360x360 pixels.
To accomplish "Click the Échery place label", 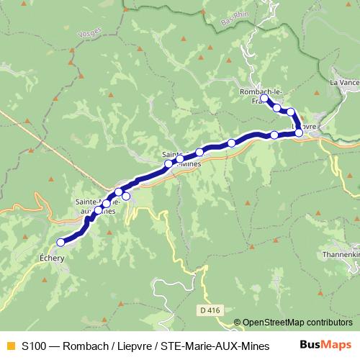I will click(52, 257).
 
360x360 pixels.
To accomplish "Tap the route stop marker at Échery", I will click(60, 243).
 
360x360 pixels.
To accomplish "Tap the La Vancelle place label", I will click(345, 83).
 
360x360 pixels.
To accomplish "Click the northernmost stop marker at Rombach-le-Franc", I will click(264, 98).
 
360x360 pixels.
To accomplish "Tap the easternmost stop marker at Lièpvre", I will click(299, 133).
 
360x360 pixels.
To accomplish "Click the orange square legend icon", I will click(9, 345).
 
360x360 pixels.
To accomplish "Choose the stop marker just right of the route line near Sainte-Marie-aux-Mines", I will click(126, 197).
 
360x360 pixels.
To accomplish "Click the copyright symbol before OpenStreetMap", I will click(238, 323).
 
